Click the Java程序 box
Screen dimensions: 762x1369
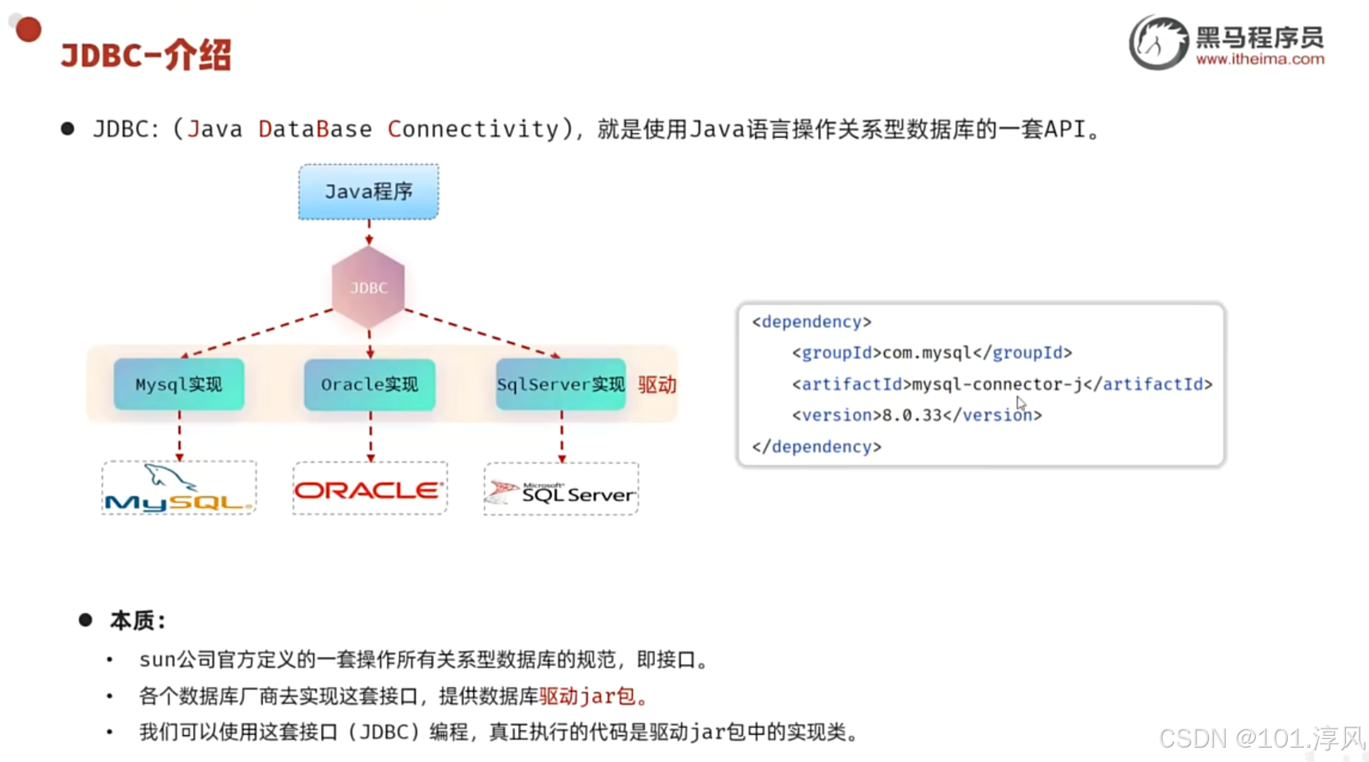pyautogui.click(x=368, y=192)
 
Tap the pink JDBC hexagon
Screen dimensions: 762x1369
pyautogui.click(x=369, y=287)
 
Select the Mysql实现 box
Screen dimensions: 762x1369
pyautogui.click(x=178, y=385)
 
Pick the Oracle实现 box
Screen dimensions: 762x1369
pyautogui.click(x=370, y=385)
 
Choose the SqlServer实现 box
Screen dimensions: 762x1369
pyautogui.click(x=561, y=385)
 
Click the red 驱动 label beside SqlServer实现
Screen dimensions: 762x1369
pyautogui.click(x=657, y=385)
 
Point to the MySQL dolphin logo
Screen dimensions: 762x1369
pyautogui.click(x=178, y=488)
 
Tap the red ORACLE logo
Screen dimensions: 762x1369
pyautogui.click(x=369, y=490)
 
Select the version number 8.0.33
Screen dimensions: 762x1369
pyautogui.click(x=912, y=415)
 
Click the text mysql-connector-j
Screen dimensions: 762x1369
pyautogui.click(x=997, y=384)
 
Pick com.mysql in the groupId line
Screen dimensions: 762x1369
pyautogui.click(x=927, y=353)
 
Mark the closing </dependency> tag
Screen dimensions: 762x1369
pyautogui.click(x=816, y=447)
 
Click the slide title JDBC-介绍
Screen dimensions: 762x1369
pyautogui.click(x=146, y=56)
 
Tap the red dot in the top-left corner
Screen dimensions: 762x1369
pyautogui.click(x=29, y=29)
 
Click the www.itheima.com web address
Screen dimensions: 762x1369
pyautogui.click(x=1260, y=59)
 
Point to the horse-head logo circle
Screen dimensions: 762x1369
pyautogui.click(x=1158, y=42)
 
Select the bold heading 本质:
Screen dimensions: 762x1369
pyautogui.click(x=138, y=620)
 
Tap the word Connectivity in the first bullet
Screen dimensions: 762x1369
pyautogui.click(x=474, y=129)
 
